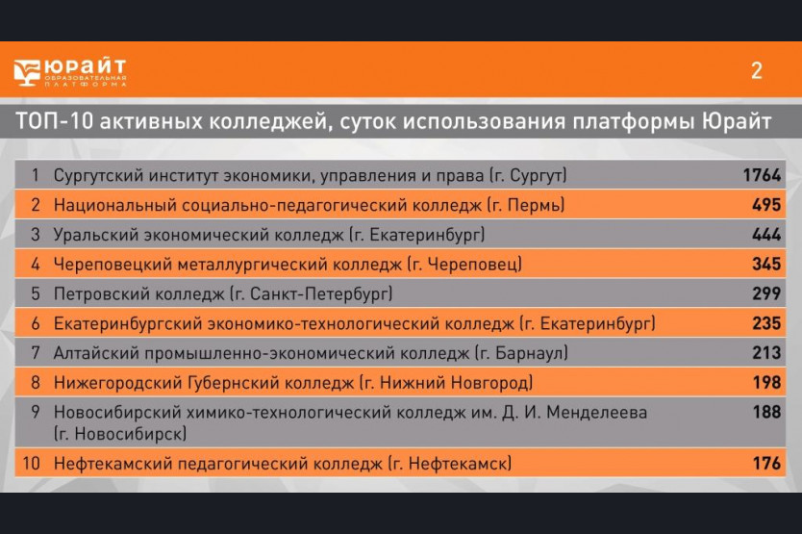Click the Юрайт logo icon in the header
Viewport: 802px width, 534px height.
pyautogui.click(x=27, y=72)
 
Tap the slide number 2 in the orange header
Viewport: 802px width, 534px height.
pyautogui.click(x=757, y=70)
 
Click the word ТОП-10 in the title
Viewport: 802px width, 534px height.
pyautogui.click(x=54, y=121)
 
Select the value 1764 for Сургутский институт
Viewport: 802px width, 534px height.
pyautogui.click(x=762, y=175)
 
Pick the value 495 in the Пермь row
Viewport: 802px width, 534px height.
pyautogui.click(x=766, y=205)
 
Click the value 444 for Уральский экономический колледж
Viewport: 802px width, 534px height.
pyautogui.click(x=766, y=235)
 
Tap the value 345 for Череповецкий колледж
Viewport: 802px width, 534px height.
pyautogui.click(x=766, y=264)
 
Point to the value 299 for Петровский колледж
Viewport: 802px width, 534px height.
pyautogui.click(x=766, y=293)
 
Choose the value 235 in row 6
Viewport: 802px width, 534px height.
pyautogui.click(x=766, y=323)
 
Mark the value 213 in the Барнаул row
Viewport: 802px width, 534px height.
pyautogui.click(x=766, y=353)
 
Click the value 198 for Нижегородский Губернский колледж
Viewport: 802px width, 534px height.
pyautogui.click(x=766, y=382)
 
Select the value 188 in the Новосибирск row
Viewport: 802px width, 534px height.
pyautogui.click(x=766, y=412)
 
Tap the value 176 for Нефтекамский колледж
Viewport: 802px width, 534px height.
pyautogui.click(x=766, y=464)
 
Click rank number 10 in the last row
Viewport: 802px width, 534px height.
pyautogui.click(x=31, y=464)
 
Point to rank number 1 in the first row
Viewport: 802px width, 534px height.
pyautogui.click(x=36, y=175)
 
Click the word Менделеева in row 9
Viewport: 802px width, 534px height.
pyautogui.click(x=597, y=412)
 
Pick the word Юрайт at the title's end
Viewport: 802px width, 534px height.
pyautogui.click(x=736, y=121)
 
